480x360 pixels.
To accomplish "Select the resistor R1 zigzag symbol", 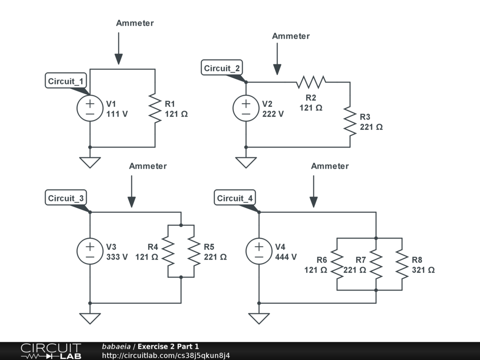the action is pyautogui.click(x=155, y=108).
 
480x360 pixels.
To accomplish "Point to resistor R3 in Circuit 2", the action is pyautogui.click(x=350, y=121).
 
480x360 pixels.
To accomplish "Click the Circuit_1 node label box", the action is pyautogui.click(x=66, y=81).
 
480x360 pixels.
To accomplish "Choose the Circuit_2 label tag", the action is pyautogui.click(x=222, y=67).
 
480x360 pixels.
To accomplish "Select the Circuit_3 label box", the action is pyautogui.click(x=66, y=198).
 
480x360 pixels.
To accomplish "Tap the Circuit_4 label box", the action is pyautogui.click(x=235, y=198).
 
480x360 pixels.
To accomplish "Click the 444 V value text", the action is pyautogui.click(x=286, y=257).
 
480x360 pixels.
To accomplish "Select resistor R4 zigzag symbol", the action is pyautogui.click(x=168, y=251).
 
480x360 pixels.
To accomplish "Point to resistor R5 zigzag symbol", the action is pyautogui.click(x=194, y=251).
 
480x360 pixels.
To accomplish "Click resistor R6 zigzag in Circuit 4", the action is pyautogui.click(x=337, y=264).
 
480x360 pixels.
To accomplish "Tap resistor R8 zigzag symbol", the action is pyautogui.click(x=402, y=264).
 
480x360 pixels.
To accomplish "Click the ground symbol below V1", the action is pyautogui.click(x=90, y=163).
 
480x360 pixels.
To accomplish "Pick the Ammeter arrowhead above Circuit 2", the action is pyautogui.click(x=277, y=69).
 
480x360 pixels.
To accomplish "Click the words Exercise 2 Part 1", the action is pyautogui.click(x=168, y=346).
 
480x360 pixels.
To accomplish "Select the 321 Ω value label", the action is pyautogui.click(x=423, y=270).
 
